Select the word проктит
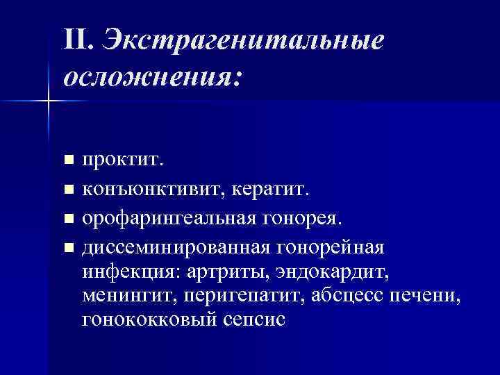(122, 161)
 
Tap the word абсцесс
(342, 297)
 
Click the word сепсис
(254, 321)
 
